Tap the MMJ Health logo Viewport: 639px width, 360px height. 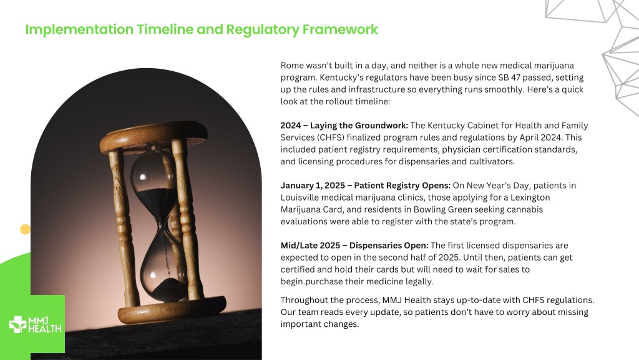pos(36,324)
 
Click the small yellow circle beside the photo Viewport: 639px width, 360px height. pos(25,229)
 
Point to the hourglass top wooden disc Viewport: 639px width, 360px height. pos(154,136)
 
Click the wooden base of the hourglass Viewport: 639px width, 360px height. pos(172,311)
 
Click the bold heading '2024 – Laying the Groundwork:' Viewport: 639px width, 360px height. pos(344,125)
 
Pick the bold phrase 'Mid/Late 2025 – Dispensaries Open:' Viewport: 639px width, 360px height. pos(354,245)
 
